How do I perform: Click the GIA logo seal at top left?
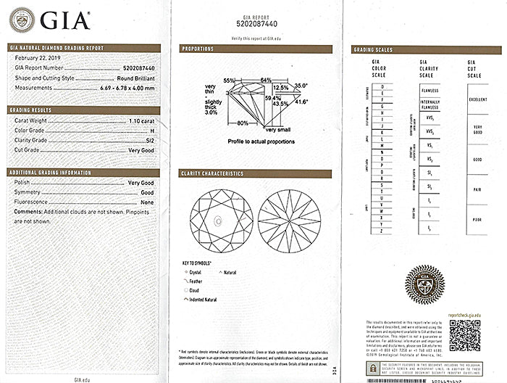click(x=21, y=19)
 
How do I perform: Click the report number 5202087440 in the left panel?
click(x=136, y=66)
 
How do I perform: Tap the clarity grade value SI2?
click(x=148, y=139)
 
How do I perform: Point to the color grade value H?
click(x=151, y=131)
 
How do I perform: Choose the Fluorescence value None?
click(x=146, y=202)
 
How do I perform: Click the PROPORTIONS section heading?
click(x=198, y=49)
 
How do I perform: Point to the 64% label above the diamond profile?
click(x=266, y=80)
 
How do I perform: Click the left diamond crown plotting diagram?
click(x=219, y=219)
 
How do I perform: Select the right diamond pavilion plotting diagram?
click(x=289, y=219)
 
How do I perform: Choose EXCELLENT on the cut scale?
click(x=478, y=99)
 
